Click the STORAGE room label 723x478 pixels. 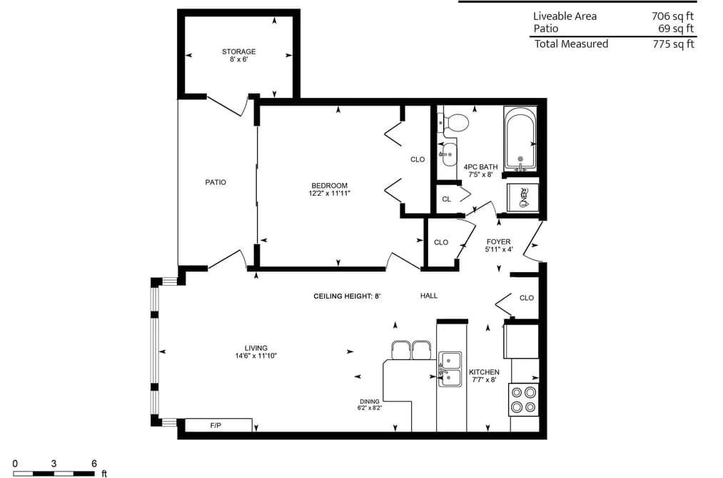(x=239, y=51)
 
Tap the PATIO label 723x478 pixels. (x=216, y=182)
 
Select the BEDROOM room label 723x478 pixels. (x=329, y=186)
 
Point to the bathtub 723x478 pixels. (x=520, y=139)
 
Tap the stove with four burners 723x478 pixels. (x=524, y=399)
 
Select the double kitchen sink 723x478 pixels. (x=450, y=369)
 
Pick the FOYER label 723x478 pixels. (x=498, y=242)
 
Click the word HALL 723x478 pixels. (x=429, y=296)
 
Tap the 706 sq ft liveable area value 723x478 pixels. (x=673, y=16)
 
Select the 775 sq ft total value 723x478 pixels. (x=673, y=44)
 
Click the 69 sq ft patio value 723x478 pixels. (x=676, y=29)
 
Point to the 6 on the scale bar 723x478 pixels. (x=94, y=464)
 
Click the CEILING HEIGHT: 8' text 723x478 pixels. (x=347, y=297)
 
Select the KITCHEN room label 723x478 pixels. (x=484, y=372)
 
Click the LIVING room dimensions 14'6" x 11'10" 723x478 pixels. (x=256, y=356)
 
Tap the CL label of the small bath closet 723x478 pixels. (x=446, y=199)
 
